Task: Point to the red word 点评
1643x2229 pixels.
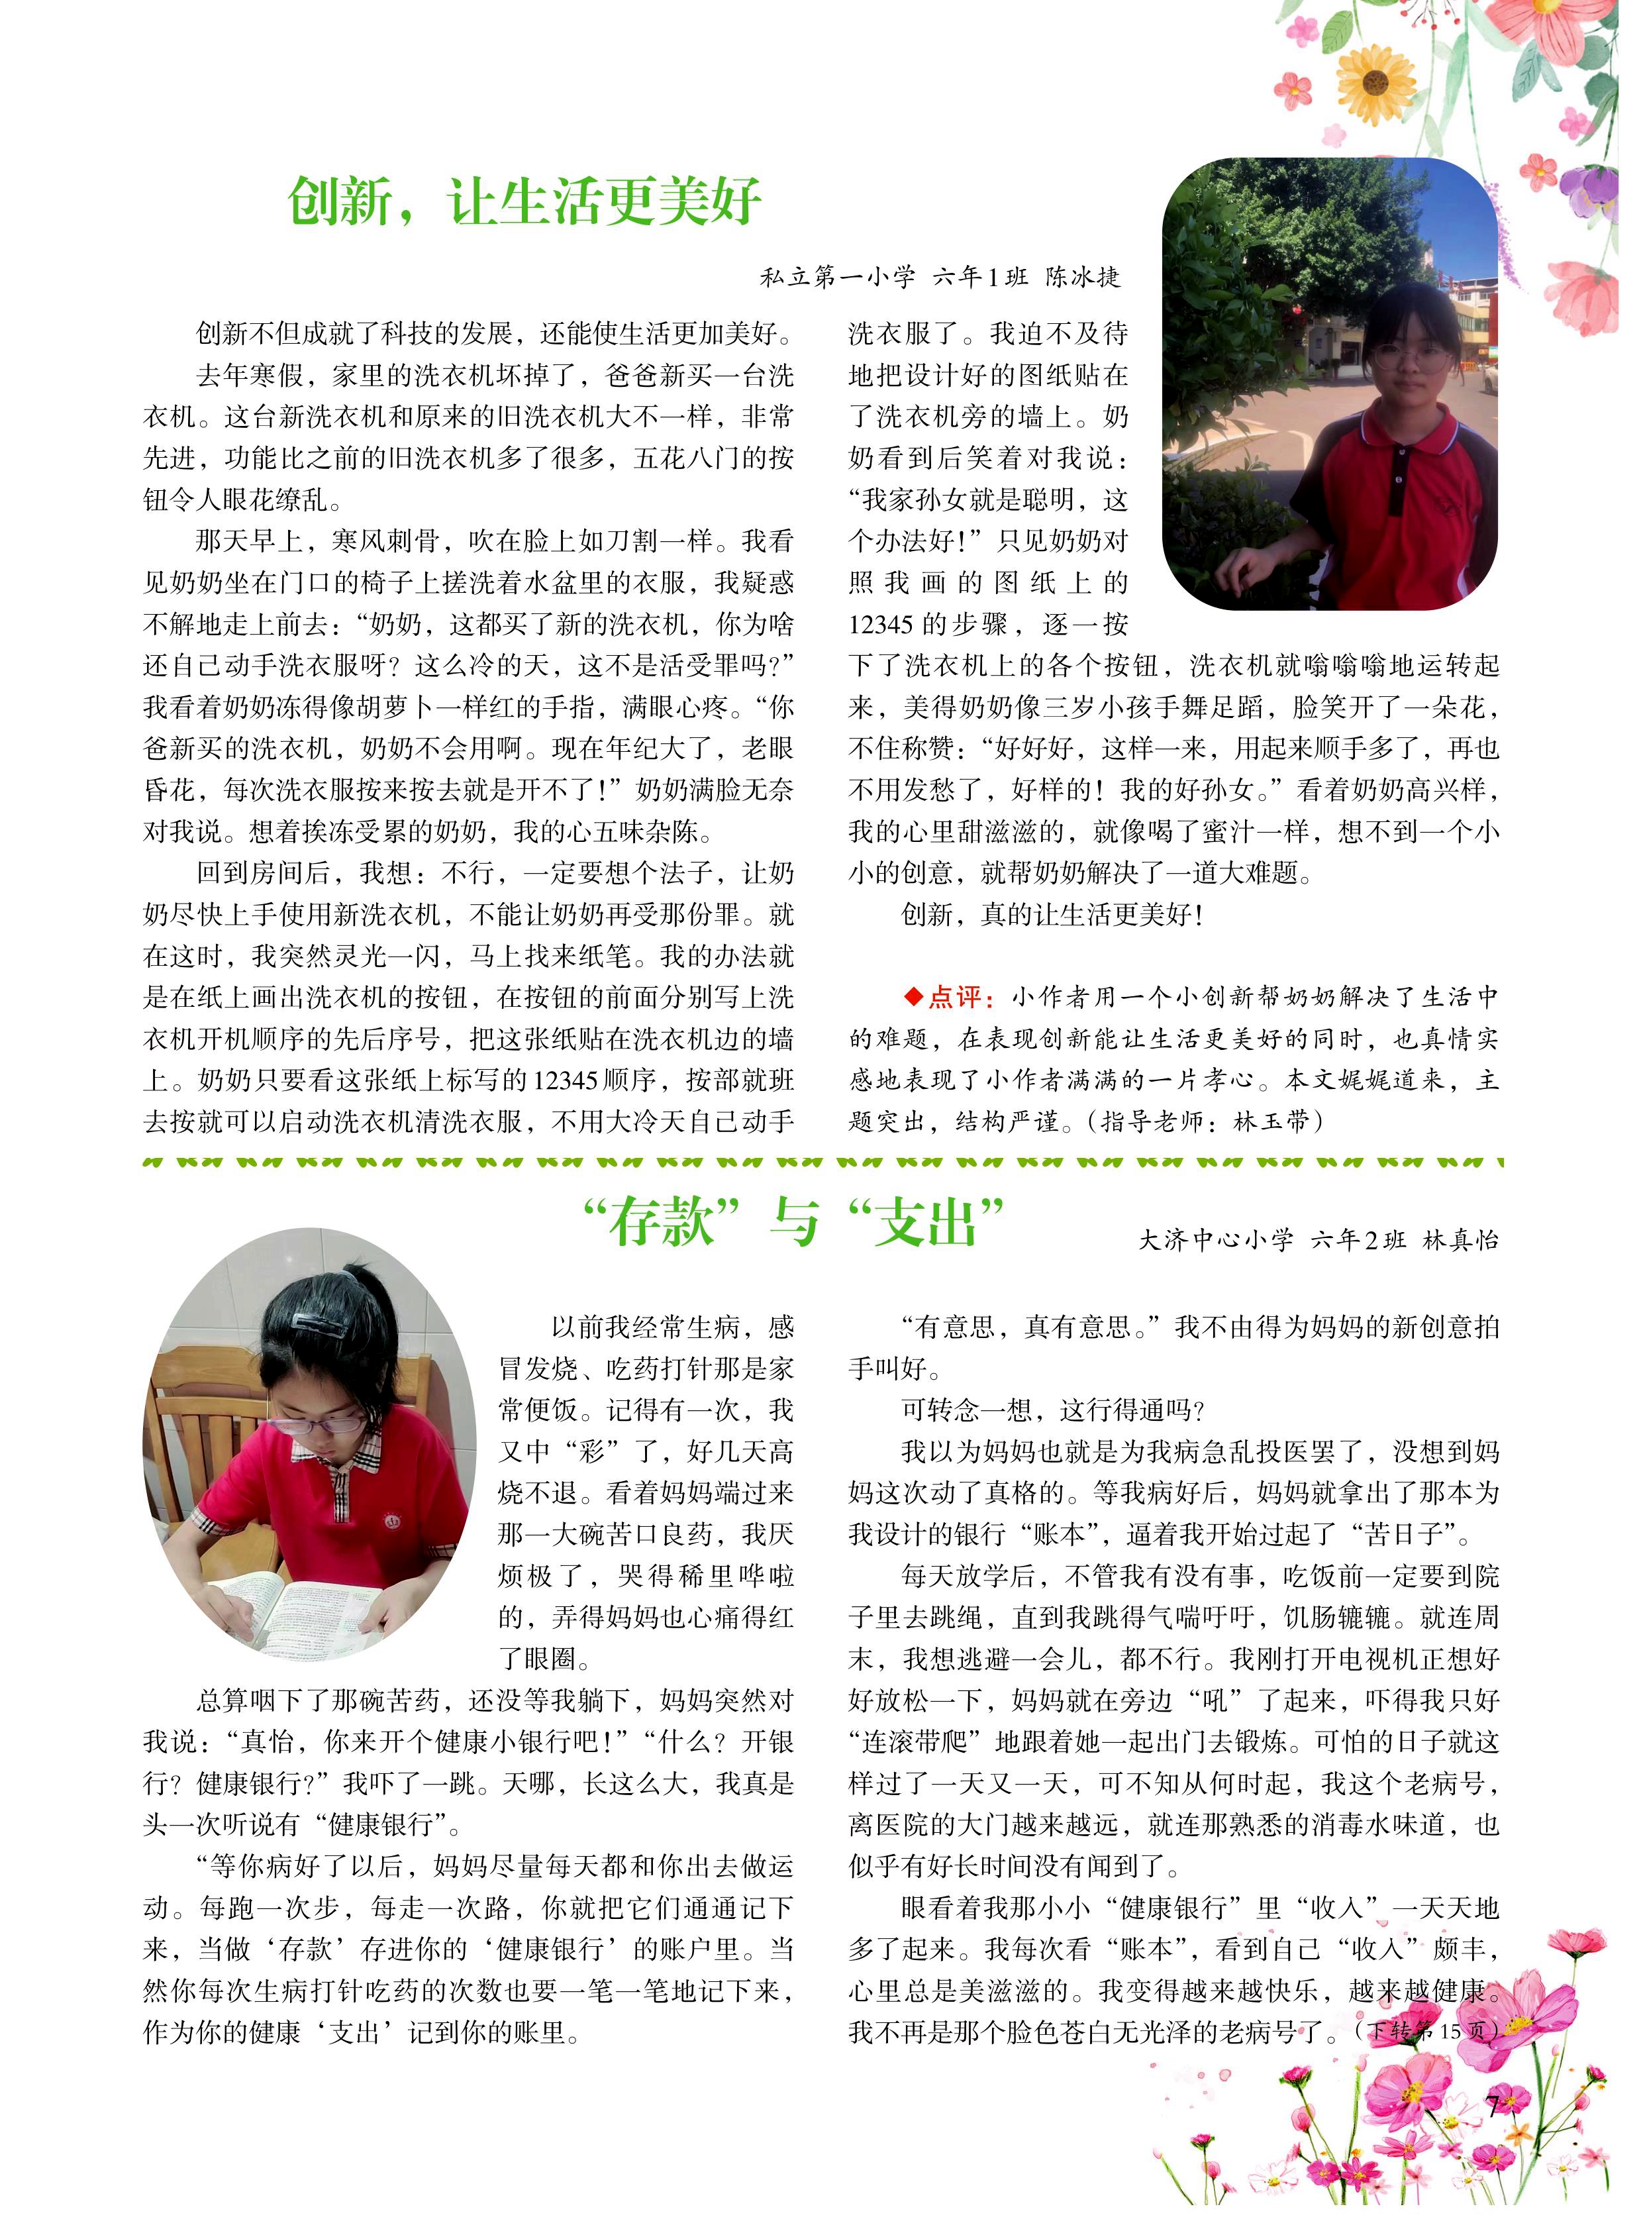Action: tap(955, 997)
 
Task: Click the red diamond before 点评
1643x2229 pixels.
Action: tap(913, 997)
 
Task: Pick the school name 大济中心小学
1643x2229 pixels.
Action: tap(1215, 1240)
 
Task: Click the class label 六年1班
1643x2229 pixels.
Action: tap(979, 278)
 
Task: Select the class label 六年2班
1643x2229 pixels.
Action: tap(1358, 1240)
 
